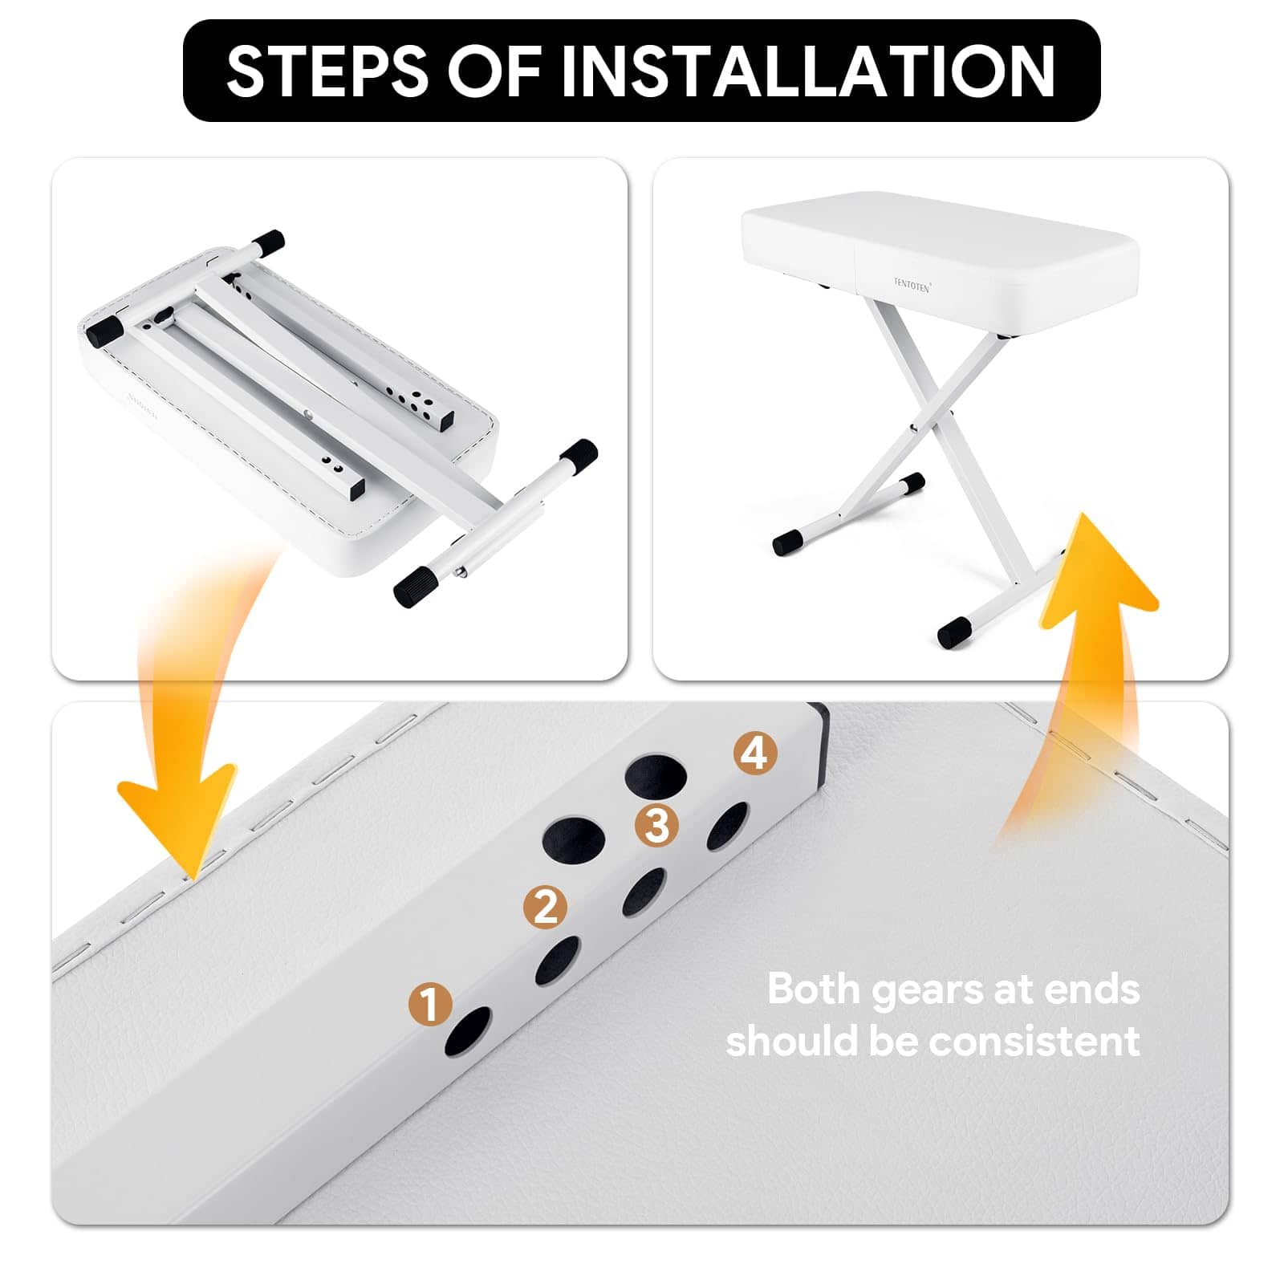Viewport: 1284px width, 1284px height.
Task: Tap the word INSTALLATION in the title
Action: (x=807, y=71)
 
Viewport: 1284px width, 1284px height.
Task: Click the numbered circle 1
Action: (x=429, y=1004)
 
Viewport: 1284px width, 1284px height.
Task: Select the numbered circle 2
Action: (x=545, y=907)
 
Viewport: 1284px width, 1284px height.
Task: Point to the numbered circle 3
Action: (x=656, y=825)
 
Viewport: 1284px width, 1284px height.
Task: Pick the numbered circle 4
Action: (x=755, y=754)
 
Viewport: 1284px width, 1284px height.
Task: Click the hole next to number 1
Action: (x=468, y=1031)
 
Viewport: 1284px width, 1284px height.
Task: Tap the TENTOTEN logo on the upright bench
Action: (x=912, y=285)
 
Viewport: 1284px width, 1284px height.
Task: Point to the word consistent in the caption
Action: (x=1034, y=1042)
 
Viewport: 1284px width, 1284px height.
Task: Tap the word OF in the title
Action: (x=494, y=71)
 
